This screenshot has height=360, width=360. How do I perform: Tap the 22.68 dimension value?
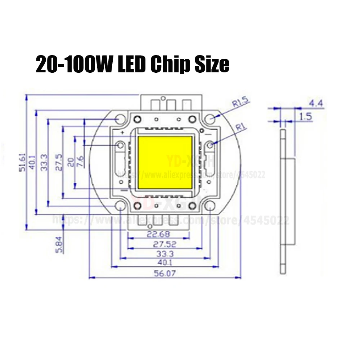tap(158, 234)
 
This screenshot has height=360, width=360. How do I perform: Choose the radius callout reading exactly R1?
tap(240, 127)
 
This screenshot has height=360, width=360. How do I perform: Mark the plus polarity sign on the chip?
tap(123, 133)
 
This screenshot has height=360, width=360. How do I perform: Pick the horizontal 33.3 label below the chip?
tap(163, 254)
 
